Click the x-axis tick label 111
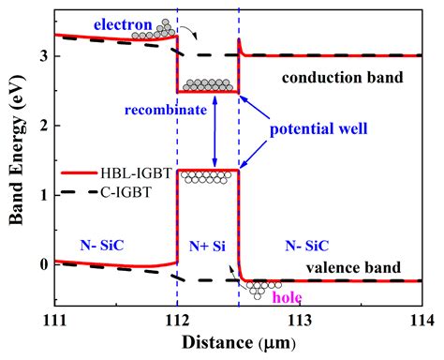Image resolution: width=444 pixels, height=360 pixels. pos(55,321)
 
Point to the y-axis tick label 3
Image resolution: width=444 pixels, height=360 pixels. pos(42,56)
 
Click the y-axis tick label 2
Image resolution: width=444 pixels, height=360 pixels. pos(42,126)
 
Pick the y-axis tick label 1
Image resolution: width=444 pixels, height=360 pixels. pos(42,195)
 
